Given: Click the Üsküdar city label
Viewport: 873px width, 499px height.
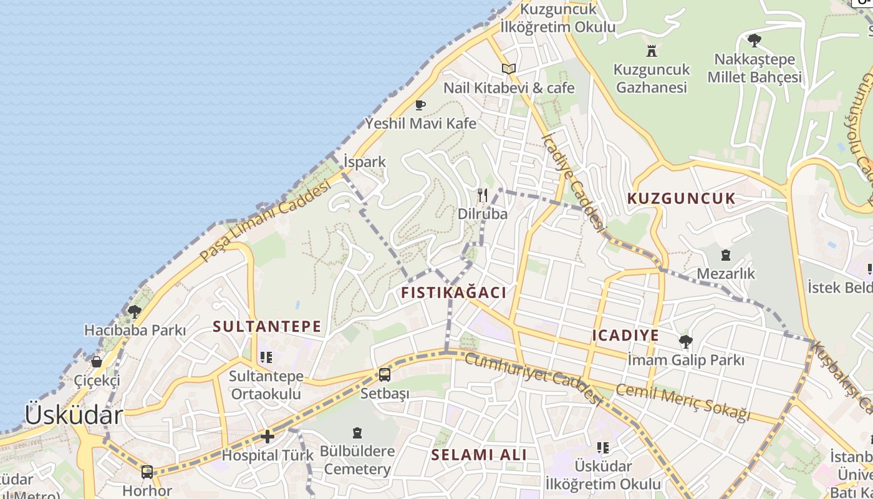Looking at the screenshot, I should tap(74, 415).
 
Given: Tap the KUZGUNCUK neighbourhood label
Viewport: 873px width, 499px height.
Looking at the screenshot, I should tap(681, 199).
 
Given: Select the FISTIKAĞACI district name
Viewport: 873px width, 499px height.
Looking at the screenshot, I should tap(453, 293).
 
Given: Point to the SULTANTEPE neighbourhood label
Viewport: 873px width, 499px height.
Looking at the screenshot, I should tap(267, 326).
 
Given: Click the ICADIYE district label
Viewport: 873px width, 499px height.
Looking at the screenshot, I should tap(625, 336).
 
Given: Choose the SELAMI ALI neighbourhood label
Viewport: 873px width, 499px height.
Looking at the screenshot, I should tap(479, 455).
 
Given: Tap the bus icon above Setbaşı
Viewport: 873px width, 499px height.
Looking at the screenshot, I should tap(385, 375).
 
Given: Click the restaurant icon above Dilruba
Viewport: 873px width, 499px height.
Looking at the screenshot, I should tap(482, 195).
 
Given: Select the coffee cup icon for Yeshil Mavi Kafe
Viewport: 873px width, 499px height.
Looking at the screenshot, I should tap(420, 105).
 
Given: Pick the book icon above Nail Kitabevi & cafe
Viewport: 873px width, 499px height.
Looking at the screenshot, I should tap(509, 69).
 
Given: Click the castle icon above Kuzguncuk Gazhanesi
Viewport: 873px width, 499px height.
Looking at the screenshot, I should tap(652, 51).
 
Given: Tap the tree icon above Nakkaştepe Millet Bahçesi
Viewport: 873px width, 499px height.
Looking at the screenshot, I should tap(754, 41).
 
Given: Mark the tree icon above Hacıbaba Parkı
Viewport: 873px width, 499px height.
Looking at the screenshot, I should tap(134, 311).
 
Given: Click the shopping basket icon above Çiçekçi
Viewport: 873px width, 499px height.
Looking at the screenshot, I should tap(97, 361).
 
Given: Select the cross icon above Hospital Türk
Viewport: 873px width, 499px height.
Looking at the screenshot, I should tap(268, 437).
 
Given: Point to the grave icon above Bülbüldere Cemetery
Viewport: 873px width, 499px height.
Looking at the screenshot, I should tap(357, 432).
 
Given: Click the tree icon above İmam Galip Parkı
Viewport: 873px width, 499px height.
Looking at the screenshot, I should tap(685, 341).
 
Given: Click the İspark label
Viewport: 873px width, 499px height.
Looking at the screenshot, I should tap(365, 162).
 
